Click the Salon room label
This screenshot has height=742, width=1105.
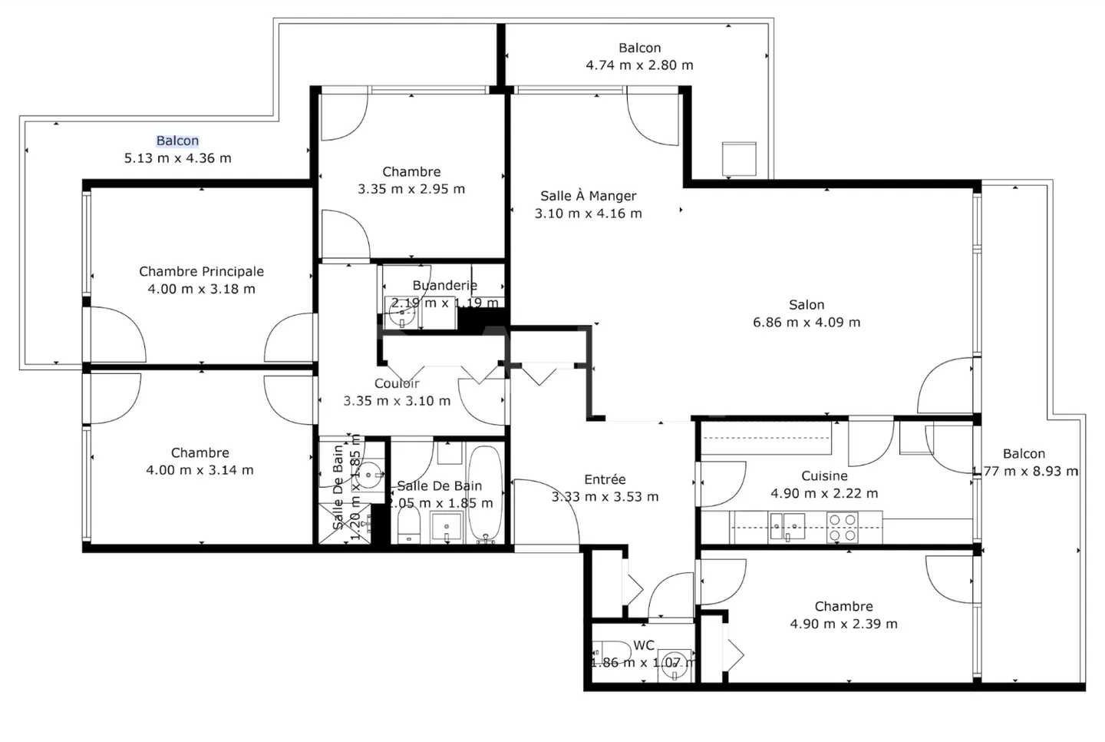[x=806, y=305]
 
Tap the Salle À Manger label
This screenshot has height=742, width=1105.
[x=588, y=196]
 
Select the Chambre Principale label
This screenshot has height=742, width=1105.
[x=201, y=271]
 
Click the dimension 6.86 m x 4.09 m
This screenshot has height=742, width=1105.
[x=806, y=323]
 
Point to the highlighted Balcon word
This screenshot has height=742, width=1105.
[x=177, y=141]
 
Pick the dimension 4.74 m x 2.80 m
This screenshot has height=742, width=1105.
[x=639, y=65]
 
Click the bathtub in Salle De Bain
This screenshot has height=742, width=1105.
[x=485, y=494]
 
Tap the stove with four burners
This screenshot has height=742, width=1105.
[x=842, y=528]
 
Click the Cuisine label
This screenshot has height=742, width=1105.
[x=824, y=476]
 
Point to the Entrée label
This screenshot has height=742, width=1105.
[x=605, y=479]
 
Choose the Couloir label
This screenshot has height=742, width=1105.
[x=397, y=383]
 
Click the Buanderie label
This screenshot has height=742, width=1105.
[x=444, y=286]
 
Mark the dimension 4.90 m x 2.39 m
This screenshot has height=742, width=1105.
[x=843, y=624]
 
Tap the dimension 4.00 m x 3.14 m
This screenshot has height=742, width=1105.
[x=200, y=470]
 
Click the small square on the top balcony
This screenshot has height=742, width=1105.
[x=739, y=158]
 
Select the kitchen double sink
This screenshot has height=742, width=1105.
[x=787, y=527]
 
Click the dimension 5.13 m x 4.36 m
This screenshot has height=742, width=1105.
[x=177, y=158]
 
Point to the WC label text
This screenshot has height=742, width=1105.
[x=644, y=645]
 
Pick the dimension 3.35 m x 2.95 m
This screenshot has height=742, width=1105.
[x=411, y=189]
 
